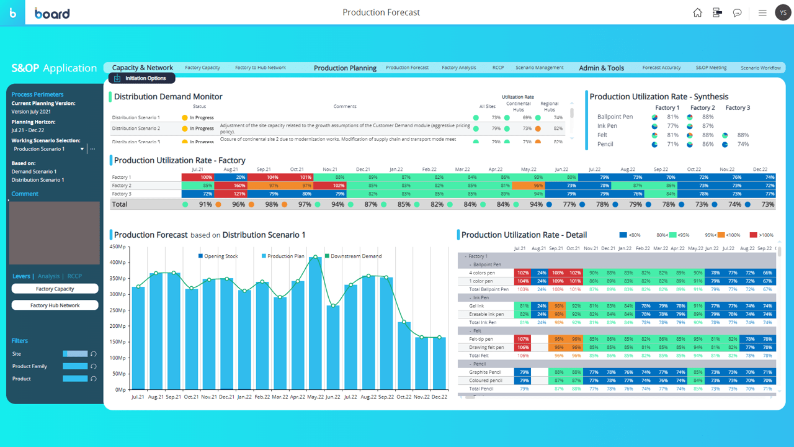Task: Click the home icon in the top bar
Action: pos(697,12)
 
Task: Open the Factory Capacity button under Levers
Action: pos(55,289)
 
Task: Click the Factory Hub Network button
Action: pos(55,305)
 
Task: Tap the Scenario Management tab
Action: pos(539,68)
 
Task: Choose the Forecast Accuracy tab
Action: pos(661,68)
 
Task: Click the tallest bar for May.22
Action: pos(316,323)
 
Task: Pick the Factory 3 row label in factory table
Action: pos(122,194)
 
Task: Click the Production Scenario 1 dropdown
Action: pos(48,149)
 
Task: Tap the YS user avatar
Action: pos(783,12)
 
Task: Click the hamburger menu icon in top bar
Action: pos(762,12)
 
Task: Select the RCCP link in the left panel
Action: pos(74,276)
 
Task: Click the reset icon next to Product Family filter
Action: pos(94,366)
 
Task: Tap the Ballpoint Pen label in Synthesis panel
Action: pos(615,117)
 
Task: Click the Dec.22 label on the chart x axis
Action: pos(439,397)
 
